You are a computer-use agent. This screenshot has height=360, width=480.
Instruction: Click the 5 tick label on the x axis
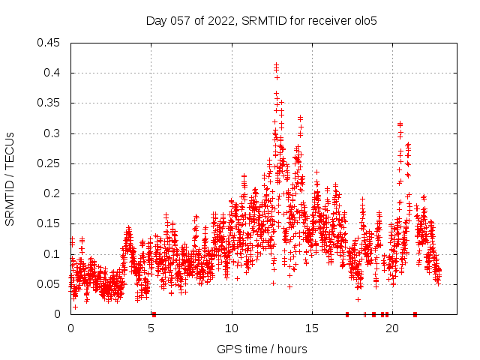pos(151,329)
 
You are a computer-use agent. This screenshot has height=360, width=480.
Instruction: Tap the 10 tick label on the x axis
pos(232,329)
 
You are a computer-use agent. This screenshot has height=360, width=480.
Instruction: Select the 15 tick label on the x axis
pos(312,329)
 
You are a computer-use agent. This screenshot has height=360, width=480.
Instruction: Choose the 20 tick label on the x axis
pos(392,329)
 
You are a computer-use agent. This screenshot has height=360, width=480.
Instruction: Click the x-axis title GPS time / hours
pos(263,349)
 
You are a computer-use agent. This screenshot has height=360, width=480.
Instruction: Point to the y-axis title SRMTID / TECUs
pos(10,178)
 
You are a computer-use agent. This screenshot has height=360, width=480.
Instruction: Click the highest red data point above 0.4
pos(276,65)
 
